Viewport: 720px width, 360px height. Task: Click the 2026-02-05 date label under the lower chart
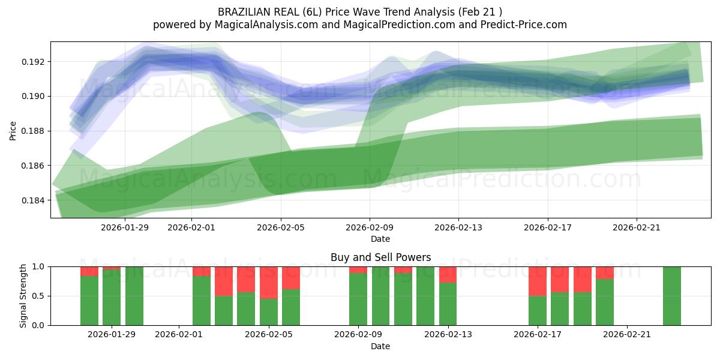tap(269, 334)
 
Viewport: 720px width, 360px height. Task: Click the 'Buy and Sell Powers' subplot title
tap(380, 257)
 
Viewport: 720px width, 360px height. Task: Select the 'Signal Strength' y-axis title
tap(23, 296)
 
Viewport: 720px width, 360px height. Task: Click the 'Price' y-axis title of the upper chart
tap(13, 130)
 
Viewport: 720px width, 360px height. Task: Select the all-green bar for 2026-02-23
tap(671, 296)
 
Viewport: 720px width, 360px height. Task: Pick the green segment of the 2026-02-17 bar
tap(537, 310)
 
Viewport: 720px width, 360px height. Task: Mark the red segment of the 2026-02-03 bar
tap(224, 281)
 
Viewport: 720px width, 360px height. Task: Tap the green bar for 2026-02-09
tap(358, 299)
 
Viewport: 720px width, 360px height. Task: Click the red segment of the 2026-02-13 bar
tap(448, 274)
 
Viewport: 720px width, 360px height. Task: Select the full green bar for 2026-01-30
tap(134, 296)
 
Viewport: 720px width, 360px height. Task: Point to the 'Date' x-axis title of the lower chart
tap(380, 346)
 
